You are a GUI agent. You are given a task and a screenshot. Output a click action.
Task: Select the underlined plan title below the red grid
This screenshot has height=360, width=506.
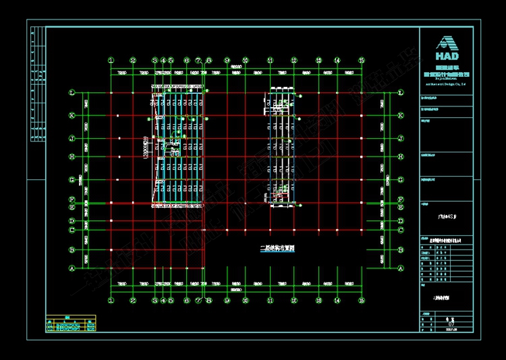tap(277, 247)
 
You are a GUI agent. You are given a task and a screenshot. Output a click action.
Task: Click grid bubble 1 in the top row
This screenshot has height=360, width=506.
tap(111, 60)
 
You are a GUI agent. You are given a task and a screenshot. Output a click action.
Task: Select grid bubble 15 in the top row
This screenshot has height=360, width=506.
tap(362, 60)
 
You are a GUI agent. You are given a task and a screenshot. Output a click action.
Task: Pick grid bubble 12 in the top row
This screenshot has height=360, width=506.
tap(293, 60)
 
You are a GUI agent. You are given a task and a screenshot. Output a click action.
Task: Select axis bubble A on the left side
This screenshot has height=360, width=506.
tap(72, 268)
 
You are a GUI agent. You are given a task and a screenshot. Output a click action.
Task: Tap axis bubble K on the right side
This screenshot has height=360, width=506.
tap(401, 115)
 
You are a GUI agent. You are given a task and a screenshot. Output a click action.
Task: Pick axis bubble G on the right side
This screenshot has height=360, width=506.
tap(401, 180)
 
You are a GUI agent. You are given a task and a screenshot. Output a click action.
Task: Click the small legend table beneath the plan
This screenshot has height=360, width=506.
tap(71, 324)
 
